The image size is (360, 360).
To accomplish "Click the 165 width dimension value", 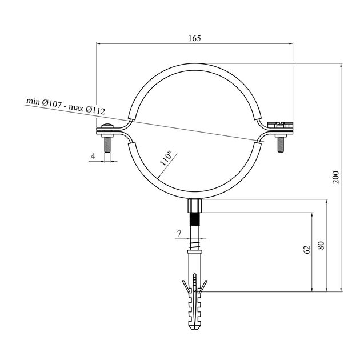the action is pos(195,38).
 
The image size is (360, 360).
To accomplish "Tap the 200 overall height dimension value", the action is pos(335,177).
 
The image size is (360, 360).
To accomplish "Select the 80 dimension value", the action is pos(321,246).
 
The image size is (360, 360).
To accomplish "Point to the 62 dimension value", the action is pos(307,250).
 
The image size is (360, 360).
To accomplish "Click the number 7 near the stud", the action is pos(179,234).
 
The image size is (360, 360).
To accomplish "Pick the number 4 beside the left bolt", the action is pos(93,156).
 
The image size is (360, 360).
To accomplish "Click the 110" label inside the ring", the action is pos(166,159).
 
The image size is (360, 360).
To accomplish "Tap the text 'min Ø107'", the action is pos(44,102).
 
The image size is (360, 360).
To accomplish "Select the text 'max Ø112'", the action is pos(87,109).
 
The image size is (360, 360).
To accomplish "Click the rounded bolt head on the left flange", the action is pos(107,126).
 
